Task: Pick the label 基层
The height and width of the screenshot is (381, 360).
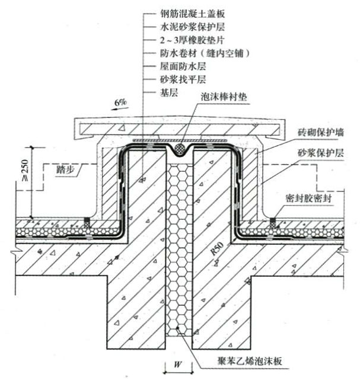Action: (x=168, y=94)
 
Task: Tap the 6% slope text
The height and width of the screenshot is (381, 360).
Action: (x=121, y=103)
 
